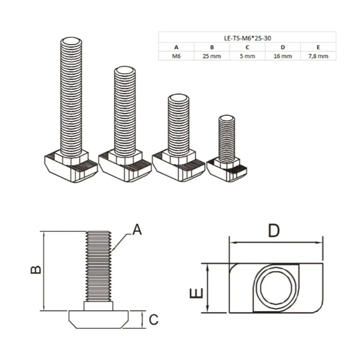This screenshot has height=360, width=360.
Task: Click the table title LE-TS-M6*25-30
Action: click(247, 38)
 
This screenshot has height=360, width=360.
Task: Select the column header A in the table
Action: click(176, 47)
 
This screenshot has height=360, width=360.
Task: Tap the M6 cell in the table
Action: click(176, 56)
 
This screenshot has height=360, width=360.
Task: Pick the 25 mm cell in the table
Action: click(211, 56)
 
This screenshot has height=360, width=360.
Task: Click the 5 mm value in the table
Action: click(247, 56)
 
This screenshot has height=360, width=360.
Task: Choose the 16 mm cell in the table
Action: click(283, 56)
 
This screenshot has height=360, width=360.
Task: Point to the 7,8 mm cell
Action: click(318, 56)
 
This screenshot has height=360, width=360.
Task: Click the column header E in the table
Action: click(318, 47)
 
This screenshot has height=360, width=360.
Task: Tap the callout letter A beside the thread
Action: click(137, 230)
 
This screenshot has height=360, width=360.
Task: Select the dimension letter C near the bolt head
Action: click(153, 320)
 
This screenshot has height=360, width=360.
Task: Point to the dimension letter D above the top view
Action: click(274, 231)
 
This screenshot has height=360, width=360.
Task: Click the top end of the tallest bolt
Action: click(71, 43)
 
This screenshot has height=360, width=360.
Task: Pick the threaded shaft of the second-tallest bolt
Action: click(125, 112)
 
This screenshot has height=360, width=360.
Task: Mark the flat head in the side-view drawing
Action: click(99, 318)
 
